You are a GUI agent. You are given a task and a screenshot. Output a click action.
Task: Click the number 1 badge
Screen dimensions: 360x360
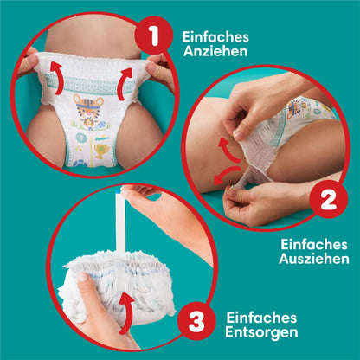(155, 37)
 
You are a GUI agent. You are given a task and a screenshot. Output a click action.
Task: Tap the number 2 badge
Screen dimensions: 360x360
(328, 202)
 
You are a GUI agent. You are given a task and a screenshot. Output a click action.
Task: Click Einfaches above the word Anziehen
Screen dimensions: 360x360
(215, 35)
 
